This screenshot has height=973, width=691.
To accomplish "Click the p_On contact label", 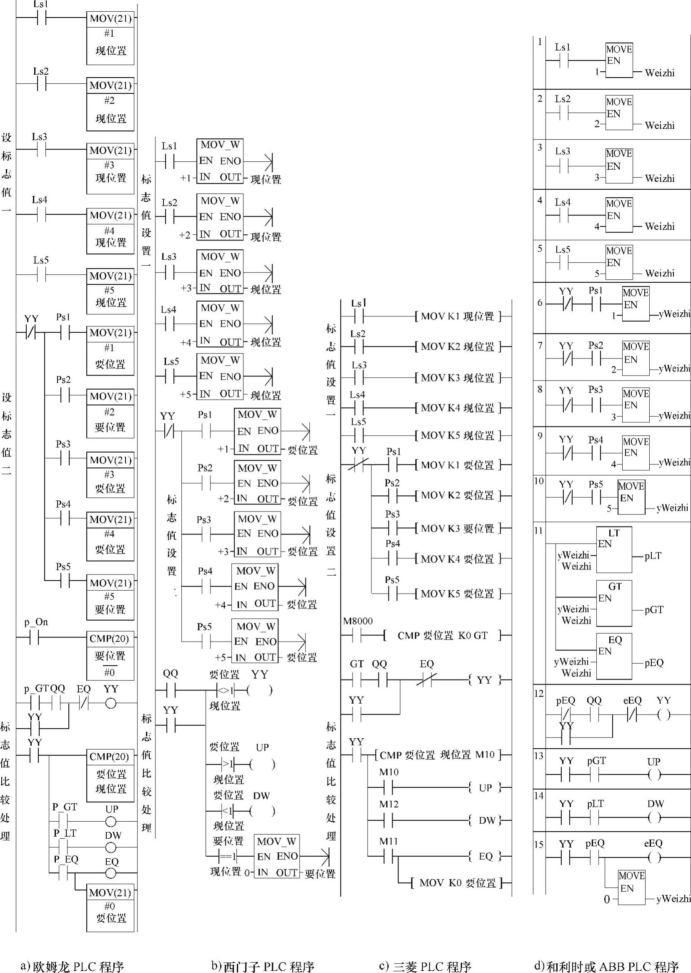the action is pos(36,622).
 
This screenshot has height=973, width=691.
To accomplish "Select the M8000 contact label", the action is pos(358,621).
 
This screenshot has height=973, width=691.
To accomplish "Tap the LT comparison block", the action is pos(614,549).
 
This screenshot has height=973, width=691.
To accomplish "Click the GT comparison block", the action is pos(614,603).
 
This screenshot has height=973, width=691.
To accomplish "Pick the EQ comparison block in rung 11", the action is pos(614,656).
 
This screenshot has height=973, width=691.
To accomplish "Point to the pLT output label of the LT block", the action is pos(653,556).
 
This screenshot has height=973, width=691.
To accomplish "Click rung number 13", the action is pos(539,755).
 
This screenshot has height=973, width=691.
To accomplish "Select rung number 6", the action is pos(540,303).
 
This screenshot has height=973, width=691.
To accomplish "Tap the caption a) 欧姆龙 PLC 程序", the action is pos(73,963).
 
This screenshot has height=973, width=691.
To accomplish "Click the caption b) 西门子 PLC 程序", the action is pos(263,963).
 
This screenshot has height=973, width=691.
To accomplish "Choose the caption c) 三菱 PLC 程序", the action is pos(425,963).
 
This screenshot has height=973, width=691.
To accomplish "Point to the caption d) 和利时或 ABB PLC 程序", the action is pos(606,963).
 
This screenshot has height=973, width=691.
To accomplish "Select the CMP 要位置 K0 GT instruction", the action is pos(443,635).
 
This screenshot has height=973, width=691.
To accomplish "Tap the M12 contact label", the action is pos(389,805).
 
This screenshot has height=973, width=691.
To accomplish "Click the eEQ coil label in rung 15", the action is pos(653,843).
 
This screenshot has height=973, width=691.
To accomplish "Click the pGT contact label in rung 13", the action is pos(596,761).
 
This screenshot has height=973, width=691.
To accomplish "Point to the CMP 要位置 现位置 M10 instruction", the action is pos(438,755).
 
